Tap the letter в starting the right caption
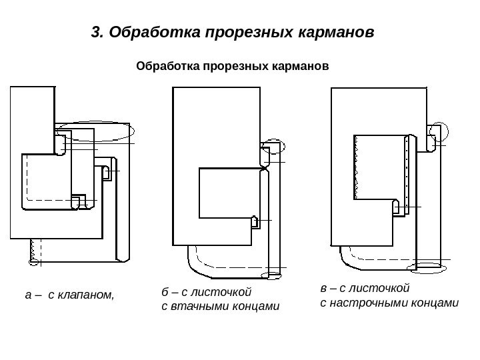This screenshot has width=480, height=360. pyautogui.click(x=323, y=289)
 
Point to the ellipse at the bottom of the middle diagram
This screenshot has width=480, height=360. pyautogui.click(x=273, y=274)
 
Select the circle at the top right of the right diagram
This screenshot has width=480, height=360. pyautogui.click(x=438, y=131)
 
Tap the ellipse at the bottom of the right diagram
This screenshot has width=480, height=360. pyautogui.click(x=429, y=267)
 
